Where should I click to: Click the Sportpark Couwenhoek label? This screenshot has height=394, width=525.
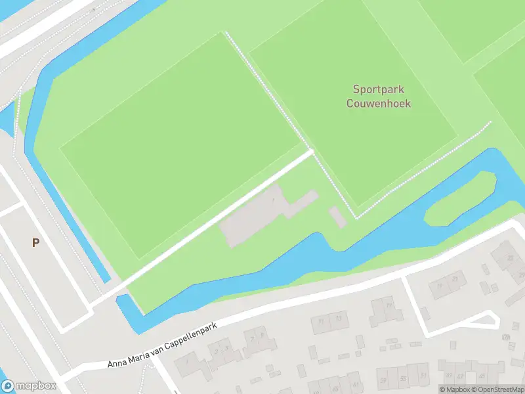click(379, 96)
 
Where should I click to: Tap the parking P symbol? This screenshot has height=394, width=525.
click(36, 242)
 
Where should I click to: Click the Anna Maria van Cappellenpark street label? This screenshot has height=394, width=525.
click(162, 346)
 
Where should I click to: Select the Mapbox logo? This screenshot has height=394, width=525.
click(28, 386)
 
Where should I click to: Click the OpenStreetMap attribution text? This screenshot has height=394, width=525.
click(495, 389)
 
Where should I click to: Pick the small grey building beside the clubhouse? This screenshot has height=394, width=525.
click(337, 216)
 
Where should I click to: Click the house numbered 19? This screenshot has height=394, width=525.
click(438, 286)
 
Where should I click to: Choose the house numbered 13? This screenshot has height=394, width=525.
click(339, 318)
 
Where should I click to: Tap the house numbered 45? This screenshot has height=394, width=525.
click(482, 376)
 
